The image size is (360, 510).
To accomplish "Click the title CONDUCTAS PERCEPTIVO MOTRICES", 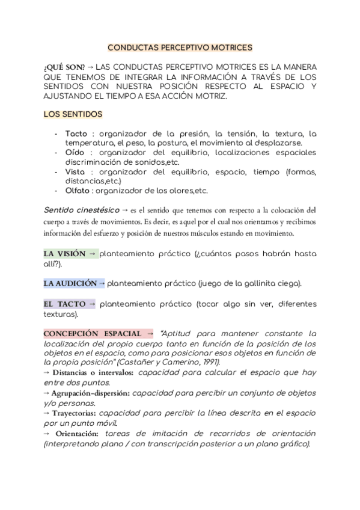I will (x=180, y=46).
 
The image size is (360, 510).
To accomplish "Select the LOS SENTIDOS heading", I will (x=73, y=114).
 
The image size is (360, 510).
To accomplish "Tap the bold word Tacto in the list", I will (x=76, y=134).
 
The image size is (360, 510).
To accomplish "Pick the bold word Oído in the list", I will (x=75, y=153).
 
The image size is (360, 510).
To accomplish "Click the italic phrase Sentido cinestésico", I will (x=81, y=210).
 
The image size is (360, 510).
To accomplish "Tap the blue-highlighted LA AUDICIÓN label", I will (x=70, y=283).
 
